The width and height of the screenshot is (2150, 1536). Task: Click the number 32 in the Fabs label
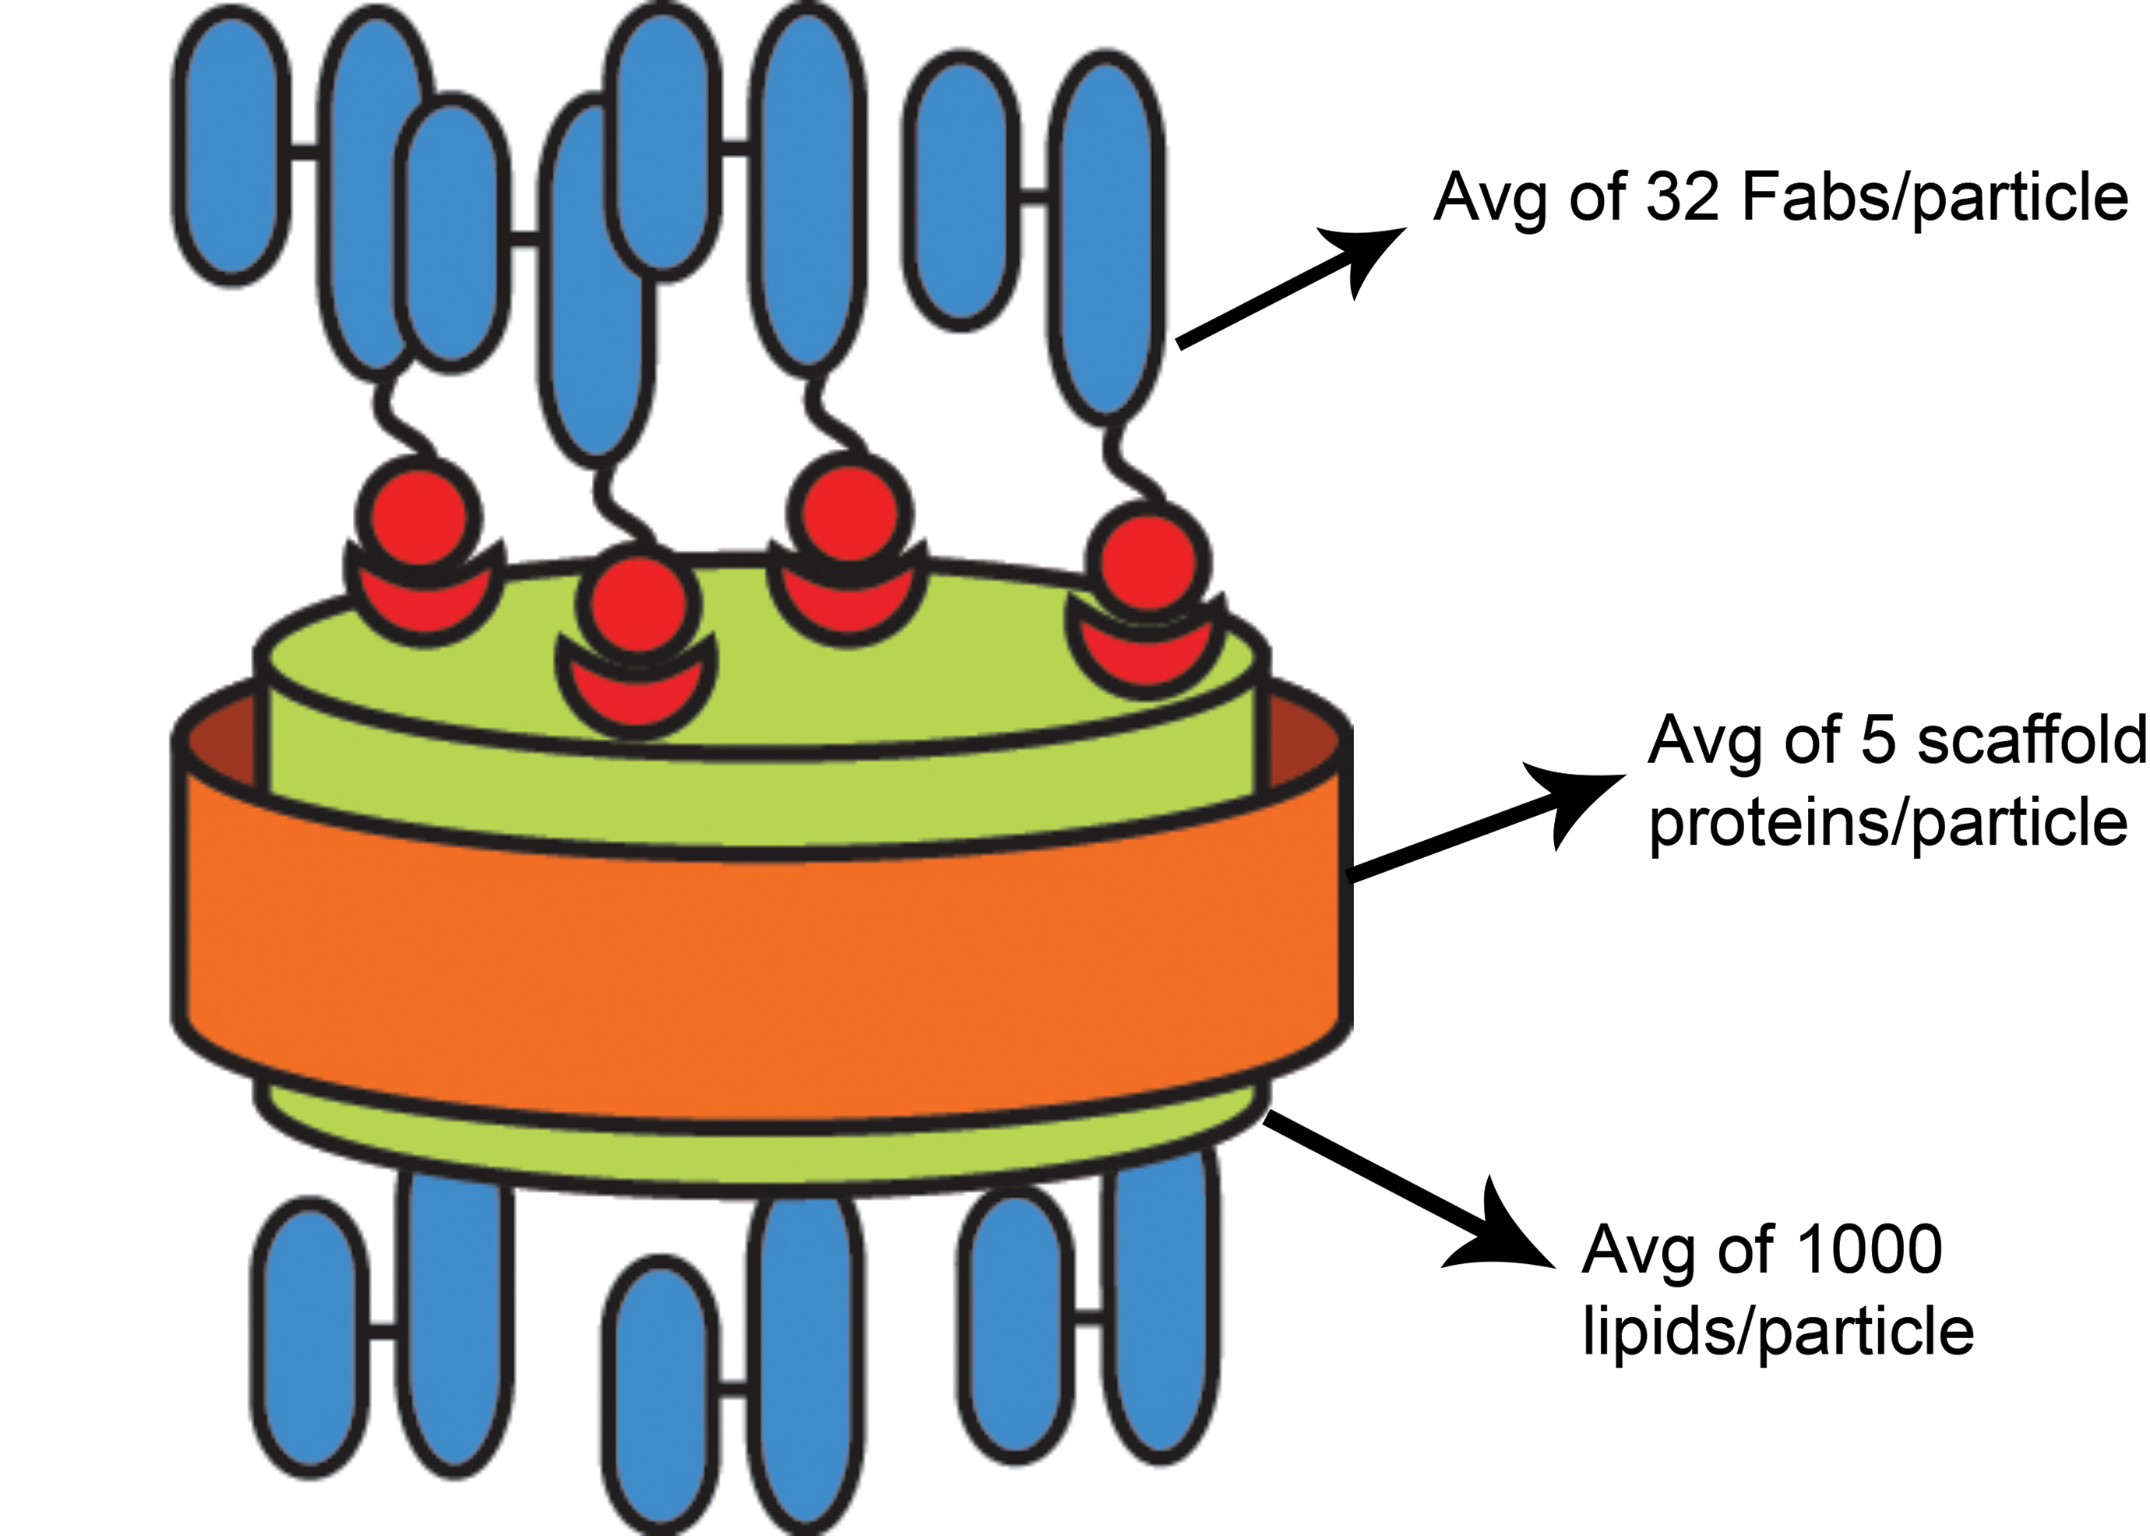[x=1682, y=198]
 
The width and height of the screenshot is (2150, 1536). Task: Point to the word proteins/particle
[x=1888, y=824]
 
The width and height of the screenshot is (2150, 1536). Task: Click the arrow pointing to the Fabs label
[x=1292, y=288]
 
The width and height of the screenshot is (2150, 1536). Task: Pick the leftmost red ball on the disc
[x=419, y=517]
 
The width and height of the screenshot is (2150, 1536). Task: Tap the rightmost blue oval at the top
[x=1107, y=235]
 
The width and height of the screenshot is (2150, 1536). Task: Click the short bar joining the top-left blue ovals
[x=305, y=151]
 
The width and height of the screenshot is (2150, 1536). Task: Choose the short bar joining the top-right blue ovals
[x=1035, y=196]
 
